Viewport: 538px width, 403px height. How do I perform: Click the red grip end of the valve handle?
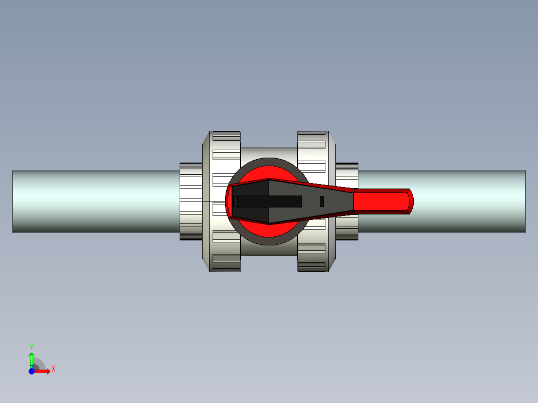coord(382,201)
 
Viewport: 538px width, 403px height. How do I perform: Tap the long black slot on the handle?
coord(269,201)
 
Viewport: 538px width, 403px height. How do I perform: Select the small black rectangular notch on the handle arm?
coord(322,201)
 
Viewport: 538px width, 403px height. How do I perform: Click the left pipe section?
coord(95,201)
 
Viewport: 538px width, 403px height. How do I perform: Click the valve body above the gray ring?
coord(269,152)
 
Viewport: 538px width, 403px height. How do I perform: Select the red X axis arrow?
coord(43,371)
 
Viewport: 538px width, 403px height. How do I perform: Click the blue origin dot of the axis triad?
coord(31,371)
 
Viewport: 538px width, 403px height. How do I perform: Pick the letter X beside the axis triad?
coord(53,369)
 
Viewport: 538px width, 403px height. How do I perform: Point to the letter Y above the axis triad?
coord(31,346)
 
